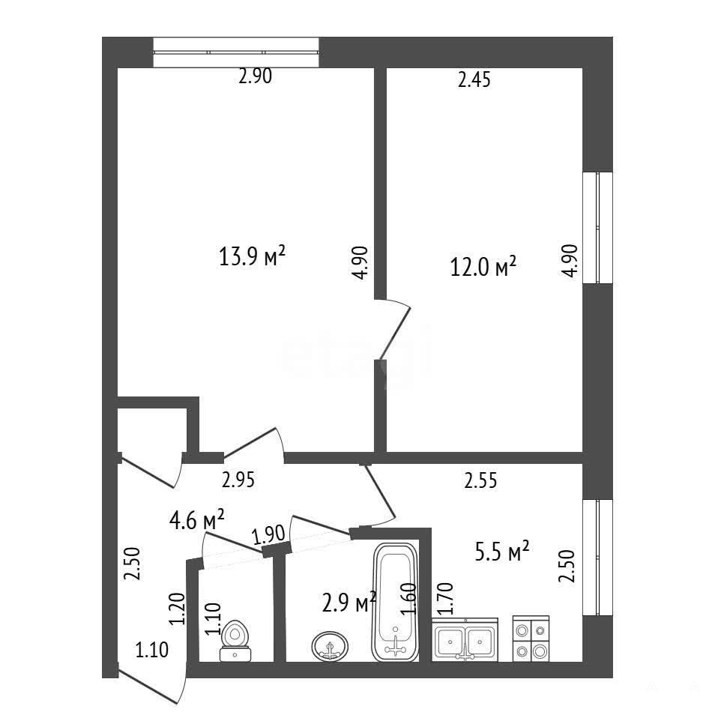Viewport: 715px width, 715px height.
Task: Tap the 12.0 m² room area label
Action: click(483, 266)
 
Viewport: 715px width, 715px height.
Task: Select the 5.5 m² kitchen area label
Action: click(502, 552)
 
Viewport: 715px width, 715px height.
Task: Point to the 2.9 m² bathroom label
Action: click(349, 602)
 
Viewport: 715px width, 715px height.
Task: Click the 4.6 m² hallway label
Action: click(196, 520)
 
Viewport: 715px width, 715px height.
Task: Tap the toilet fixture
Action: click(235, 641)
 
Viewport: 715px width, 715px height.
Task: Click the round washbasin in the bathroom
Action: click(330, 646)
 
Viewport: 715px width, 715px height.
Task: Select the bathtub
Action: click(395, 603)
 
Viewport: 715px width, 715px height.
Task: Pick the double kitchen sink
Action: click(465, 640)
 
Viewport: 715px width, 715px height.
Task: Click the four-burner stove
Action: click(531, 639)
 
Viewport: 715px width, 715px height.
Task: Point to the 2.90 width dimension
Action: click(256, 76)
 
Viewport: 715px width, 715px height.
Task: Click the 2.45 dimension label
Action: click(474, 79)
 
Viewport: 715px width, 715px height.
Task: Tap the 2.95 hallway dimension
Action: click(238, 480)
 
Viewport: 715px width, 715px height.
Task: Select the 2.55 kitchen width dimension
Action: click(480, 480)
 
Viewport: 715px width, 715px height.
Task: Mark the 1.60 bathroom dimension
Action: click(409, 600)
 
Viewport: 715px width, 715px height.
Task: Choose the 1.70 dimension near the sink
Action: click(445, 599)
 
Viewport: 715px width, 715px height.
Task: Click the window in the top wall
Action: click(236, 52)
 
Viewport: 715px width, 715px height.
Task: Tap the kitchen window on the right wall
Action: click(598, 557)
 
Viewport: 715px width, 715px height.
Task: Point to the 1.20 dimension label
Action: click(177, 609)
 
